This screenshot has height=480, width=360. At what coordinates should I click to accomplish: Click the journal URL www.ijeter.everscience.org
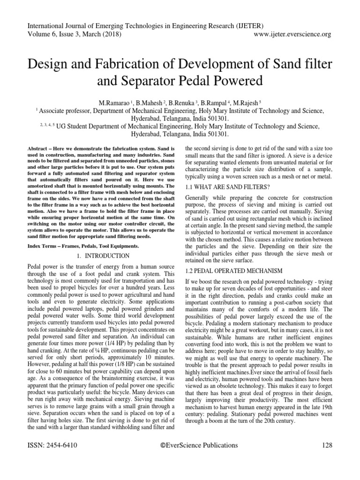coord(292,34)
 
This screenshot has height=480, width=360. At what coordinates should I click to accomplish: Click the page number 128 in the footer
coord(324,445)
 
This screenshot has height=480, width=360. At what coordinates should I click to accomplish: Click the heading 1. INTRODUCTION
coord(103,256)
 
